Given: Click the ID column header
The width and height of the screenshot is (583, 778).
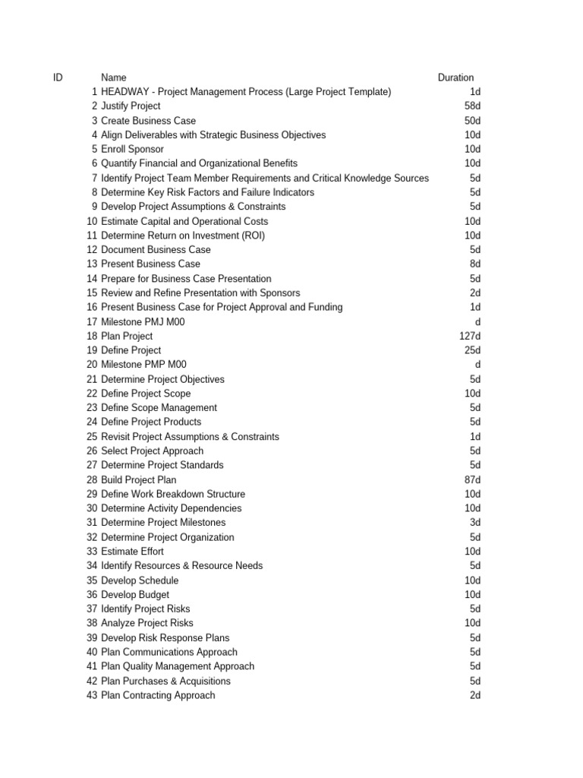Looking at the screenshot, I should pyautogui.click(x=58, y=77).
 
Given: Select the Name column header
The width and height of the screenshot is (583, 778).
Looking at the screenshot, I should pyautogui.click(x=114, y=77).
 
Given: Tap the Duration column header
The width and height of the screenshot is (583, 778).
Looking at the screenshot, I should pyautogui.click(x=455, y=77).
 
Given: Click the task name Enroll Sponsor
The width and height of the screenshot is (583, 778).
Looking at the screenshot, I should pyautogui.click(x=132, y=149).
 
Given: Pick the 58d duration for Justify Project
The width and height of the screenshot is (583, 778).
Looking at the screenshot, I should pyautogui.click(x=471, y=106).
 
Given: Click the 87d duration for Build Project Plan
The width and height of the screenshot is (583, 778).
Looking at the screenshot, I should pyautogui.click(x=471, y=479).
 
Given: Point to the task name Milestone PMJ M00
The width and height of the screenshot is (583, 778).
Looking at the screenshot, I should pyautogui.click(x=143, y=321).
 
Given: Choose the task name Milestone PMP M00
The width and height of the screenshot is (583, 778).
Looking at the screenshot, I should pyautogui.click(x=143, y=365).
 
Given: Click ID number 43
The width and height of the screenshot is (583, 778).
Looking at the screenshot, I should pyautogui.click(x=92, y=695).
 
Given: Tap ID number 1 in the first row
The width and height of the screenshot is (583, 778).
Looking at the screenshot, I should pyautogui.click(x=94, y=92).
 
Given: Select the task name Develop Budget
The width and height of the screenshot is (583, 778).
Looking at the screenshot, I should pyautogui.click(x=135, y=595).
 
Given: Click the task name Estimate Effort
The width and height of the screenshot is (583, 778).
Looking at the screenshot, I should pyautogui.click(x=132, y=552).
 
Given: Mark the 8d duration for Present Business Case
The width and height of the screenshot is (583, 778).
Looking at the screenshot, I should pyautogui.click(x=474, y=264).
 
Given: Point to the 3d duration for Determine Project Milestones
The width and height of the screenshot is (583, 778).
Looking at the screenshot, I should pyautogui.click(x=474, y=523).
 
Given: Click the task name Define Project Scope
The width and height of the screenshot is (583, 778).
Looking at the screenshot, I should pyautogui.click(x=146, y=394).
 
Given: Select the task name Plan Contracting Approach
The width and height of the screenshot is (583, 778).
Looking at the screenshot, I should pyautogui.click(x=158, y=695).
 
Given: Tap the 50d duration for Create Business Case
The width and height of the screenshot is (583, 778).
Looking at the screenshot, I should pyautogui.click(x=471, y=121).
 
